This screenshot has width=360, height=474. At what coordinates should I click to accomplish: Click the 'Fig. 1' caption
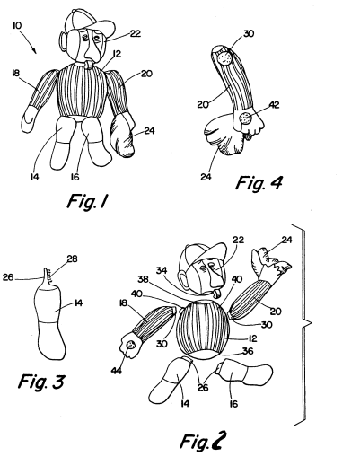tap(87, 201)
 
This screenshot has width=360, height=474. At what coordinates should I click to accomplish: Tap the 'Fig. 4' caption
tap(259, 182)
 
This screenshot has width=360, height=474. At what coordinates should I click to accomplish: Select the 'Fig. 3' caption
tap(41, 382)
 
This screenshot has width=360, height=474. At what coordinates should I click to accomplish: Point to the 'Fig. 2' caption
tap(203, 441)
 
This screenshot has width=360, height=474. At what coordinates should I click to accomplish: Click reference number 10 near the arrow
tap(17, 25)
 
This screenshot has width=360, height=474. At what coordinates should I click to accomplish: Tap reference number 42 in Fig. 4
tap(274, 105)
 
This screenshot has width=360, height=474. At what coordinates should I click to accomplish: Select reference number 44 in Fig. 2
tap(117, 370)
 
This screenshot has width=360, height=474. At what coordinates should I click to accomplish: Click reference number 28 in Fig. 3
tap(72, 259)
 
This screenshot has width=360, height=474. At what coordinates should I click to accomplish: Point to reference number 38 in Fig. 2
tap(143, 279)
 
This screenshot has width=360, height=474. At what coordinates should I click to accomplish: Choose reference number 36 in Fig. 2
tap(248, 351)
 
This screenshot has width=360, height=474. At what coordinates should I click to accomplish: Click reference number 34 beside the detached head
tap(162, 270)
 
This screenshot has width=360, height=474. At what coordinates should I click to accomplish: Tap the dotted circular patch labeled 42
tap(245, 118)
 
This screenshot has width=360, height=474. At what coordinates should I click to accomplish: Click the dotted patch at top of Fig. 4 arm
tap(224, 57)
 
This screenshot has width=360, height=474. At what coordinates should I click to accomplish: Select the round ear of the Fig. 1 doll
tap(64, 40)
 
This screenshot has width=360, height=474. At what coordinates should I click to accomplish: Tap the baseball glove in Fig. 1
tap(122, 135)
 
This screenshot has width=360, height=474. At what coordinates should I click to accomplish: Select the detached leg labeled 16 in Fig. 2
tap(243, 373)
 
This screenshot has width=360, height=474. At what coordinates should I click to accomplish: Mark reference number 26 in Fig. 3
tap(8, 277)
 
